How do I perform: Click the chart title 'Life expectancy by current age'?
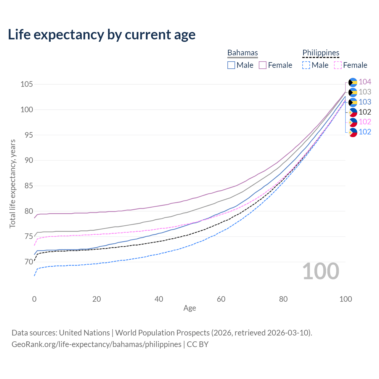coord(102,35)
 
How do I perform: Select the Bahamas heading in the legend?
coord(243,53)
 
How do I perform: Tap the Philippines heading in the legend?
coord(321,53)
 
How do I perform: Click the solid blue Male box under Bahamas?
coord(231,65)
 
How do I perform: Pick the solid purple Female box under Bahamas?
coord(263,65)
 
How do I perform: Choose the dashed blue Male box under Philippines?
coord(306,65)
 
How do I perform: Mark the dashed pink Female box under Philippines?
coord(338,65)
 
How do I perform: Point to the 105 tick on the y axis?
coord(26,84)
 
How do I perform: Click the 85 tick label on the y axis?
coord(26,186)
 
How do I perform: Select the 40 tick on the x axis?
coord(159,299)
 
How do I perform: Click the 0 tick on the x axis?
coord(34,299)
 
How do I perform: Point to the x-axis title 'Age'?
coord(189,308)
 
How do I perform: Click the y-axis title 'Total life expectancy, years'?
coord(12,184)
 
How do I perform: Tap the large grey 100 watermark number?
coord(321,271)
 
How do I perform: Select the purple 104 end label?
coord(365,82)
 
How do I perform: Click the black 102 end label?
coord(365,112)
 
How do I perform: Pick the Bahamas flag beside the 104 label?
coord(353,82)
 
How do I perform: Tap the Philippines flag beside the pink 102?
coord(353,122)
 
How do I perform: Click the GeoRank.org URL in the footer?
coord(97,344)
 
